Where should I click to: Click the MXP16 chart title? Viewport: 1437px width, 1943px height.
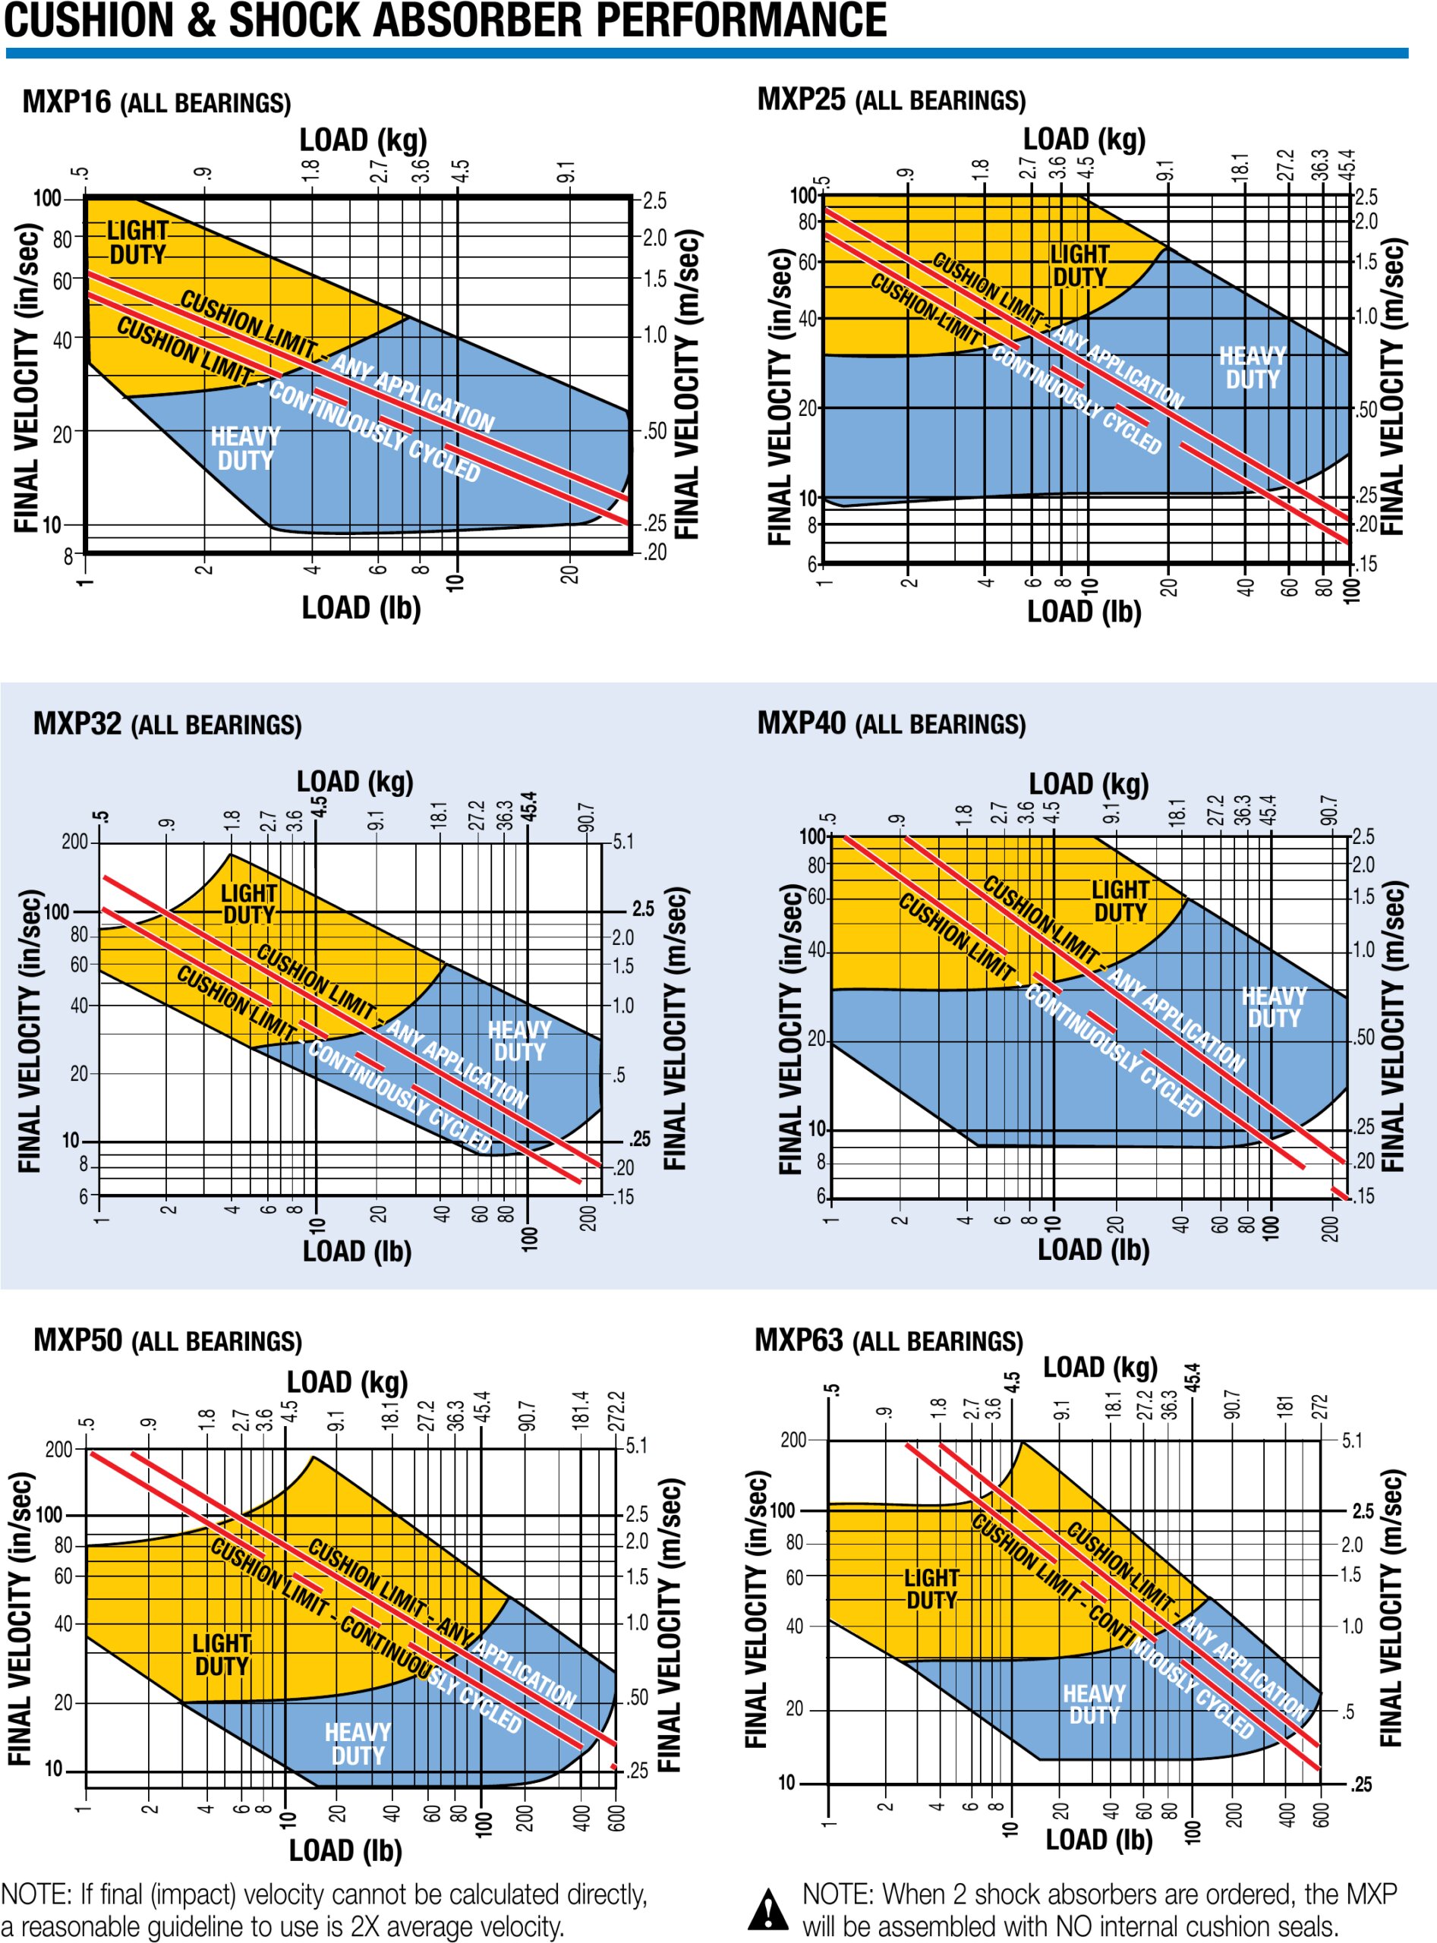coord(156,102)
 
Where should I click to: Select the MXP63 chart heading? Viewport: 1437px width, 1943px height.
coord(888,1340)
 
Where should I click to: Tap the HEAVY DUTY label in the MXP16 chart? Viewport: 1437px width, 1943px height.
coord(245,448)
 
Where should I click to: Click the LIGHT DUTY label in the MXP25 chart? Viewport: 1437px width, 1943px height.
coord(1079,266)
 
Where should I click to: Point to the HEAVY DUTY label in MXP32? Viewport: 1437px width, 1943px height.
coord(519,1041)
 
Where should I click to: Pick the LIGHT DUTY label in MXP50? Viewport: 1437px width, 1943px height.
coord(222,1655)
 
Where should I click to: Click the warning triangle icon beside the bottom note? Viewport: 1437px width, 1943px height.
coord(769,1908)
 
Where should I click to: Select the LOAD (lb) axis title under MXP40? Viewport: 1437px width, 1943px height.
coord(1093,1250)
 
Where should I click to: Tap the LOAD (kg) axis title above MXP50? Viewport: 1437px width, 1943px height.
coord(347,1382)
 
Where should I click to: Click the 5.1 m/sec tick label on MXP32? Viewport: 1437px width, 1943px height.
coord(622,841)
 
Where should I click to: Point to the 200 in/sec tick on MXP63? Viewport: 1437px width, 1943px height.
coord(793,1440)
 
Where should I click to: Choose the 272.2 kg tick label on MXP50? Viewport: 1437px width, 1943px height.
coord(616,1410)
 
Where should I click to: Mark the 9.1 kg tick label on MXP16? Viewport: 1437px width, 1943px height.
coord(566,171)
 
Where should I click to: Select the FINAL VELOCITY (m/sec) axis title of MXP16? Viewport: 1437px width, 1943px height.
coord(687,383)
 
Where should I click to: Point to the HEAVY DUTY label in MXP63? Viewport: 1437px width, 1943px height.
coord(1095,1705)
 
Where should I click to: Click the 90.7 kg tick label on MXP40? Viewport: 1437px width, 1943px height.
coord(1328,809)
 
